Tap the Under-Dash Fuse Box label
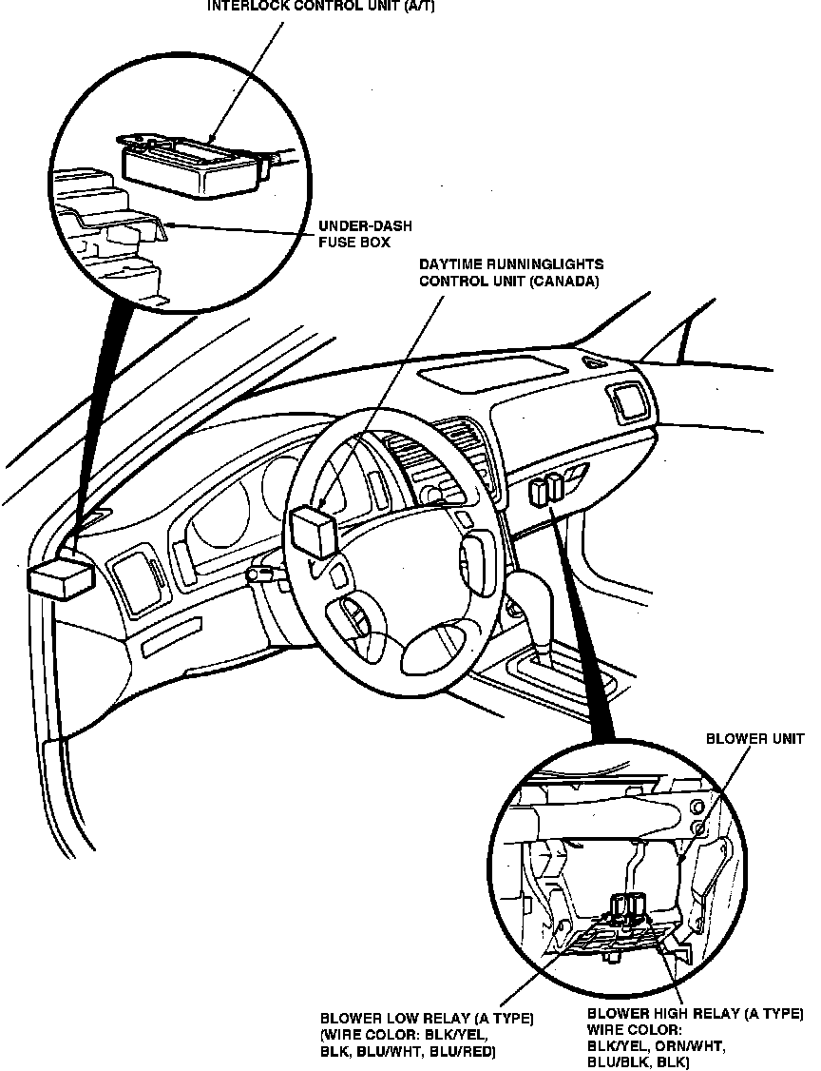(353, 234)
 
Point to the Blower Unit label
(754, 738)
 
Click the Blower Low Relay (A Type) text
(427, 1019)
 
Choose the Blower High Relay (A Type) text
(695, 1015)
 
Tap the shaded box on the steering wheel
(314, 530)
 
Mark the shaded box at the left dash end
(62, 578)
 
